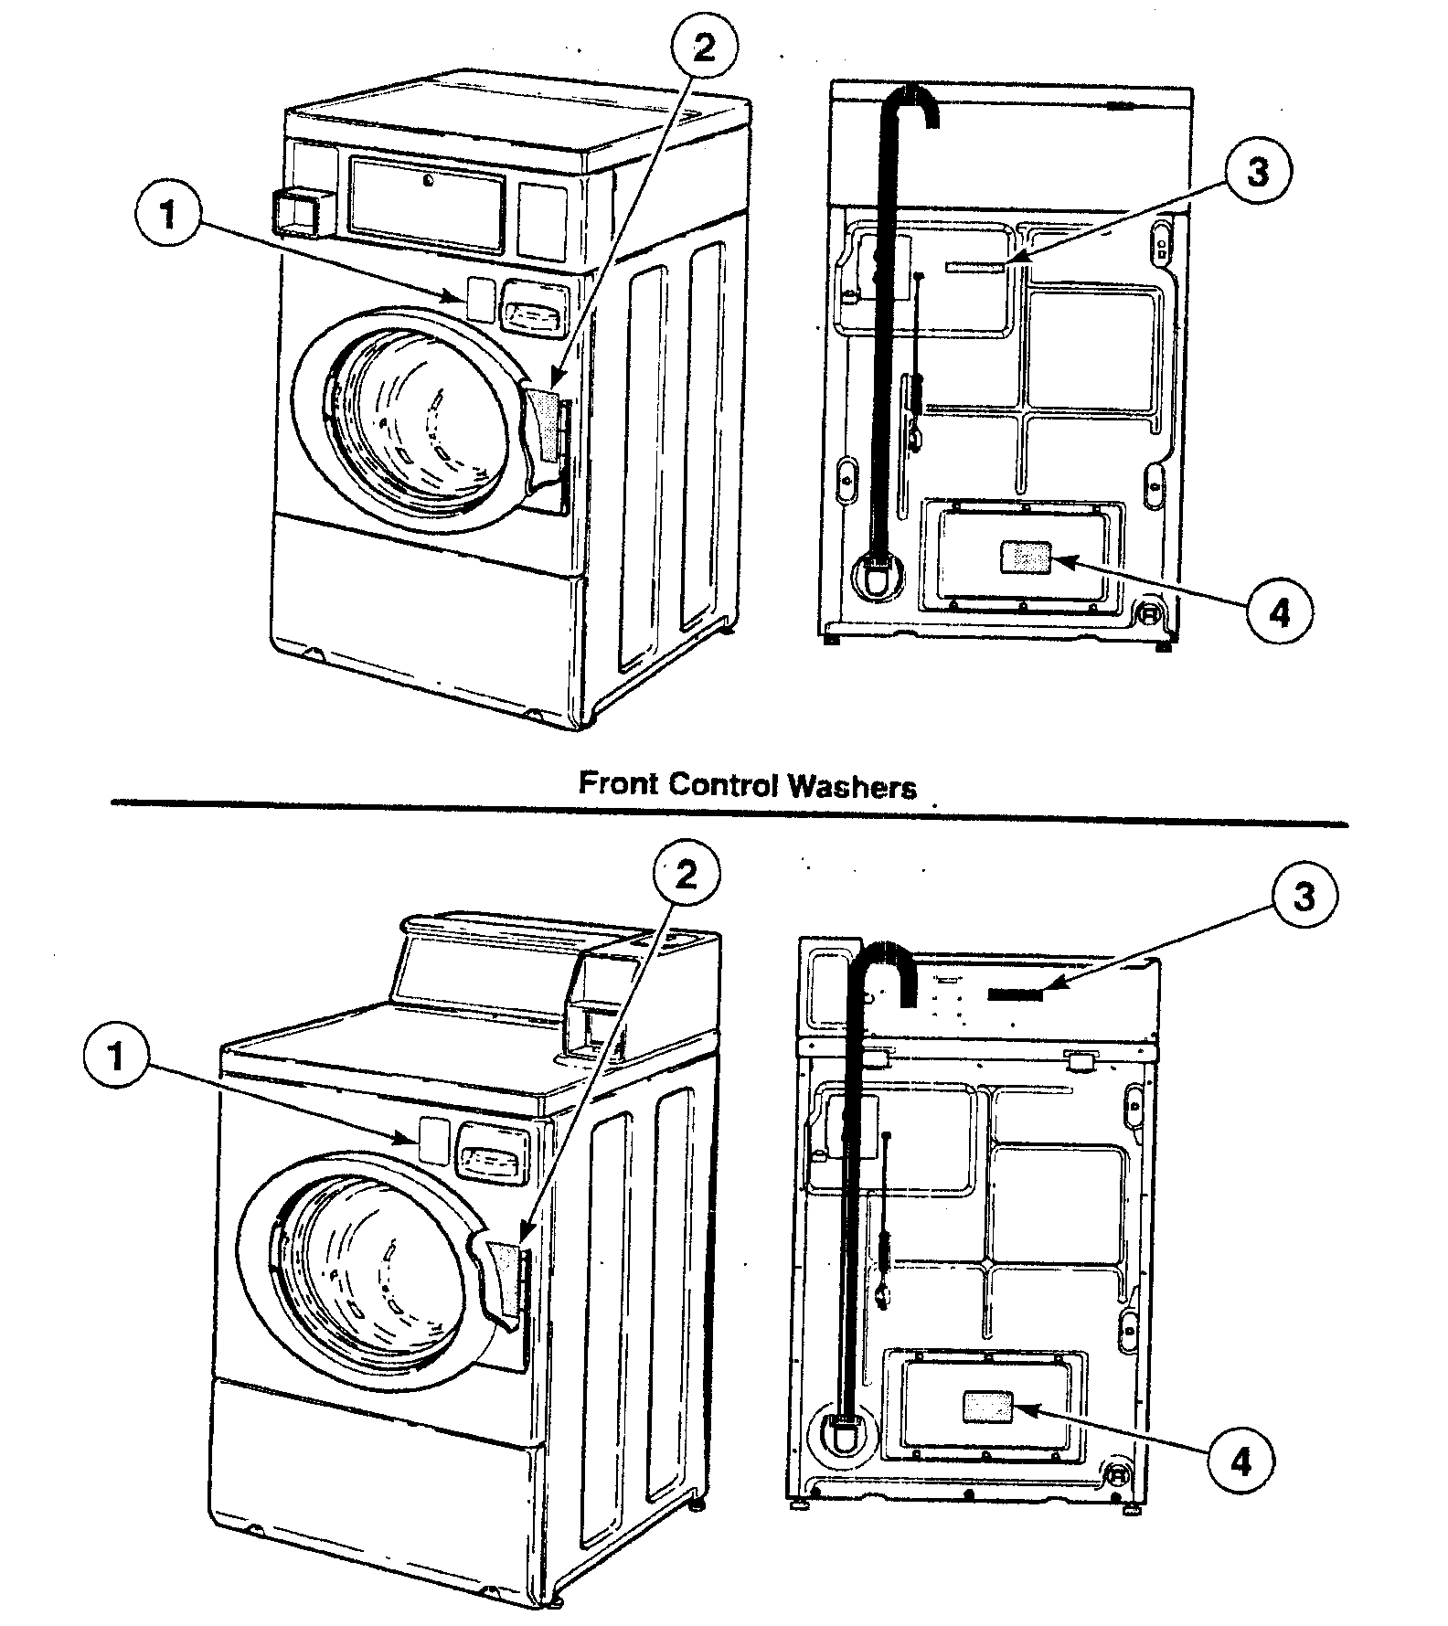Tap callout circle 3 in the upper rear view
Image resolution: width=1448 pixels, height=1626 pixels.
point(1258,172)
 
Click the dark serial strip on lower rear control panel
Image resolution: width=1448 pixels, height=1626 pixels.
point(1016,994)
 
